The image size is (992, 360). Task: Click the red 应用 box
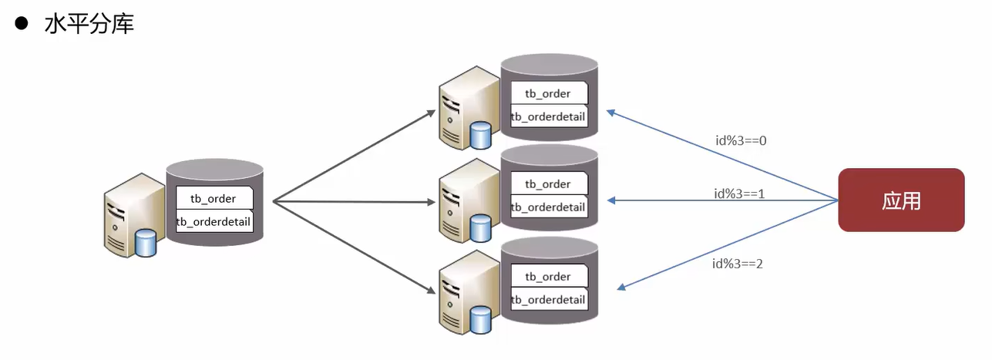901,200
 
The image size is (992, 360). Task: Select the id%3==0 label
740,140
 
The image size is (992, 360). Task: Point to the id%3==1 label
738,193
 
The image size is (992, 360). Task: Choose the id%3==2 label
738,263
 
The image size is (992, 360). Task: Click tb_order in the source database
214,198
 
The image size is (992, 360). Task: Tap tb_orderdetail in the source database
214,222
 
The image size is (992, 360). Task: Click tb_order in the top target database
548,93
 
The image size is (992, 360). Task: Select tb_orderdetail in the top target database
548,117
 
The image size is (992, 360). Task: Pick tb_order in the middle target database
548,183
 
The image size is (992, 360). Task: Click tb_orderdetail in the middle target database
548,207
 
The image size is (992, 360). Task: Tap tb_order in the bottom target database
548,276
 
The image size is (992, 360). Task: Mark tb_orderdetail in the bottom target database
548,299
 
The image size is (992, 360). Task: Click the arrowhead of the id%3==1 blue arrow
611,200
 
